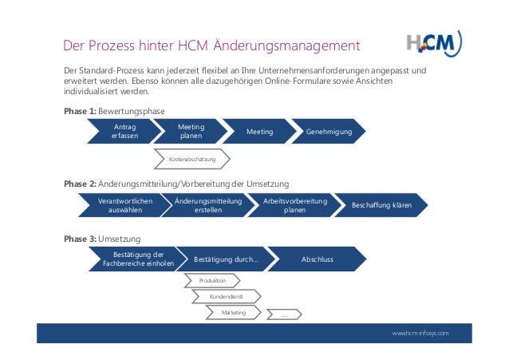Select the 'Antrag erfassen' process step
(124, 132)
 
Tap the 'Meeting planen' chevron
(190, 132)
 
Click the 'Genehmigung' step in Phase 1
(328, 132)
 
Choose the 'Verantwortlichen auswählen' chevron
(124, 206)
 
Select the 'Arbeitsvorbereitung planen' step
(294, 206)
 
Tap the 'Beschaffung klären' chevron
(381, 206)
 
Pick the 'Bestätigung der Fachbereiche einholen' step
(132, 259)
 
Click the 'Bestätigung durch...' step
(226, 259)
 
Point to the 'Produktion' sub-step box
(213, 280)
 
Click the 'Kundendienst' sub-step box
(226, 296)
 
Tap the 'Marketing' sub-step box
(234, 313)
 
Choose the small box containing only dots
(284, 315)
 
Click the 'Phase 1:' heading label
(79, 111)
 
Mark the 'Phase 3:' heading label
(79, 238)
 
